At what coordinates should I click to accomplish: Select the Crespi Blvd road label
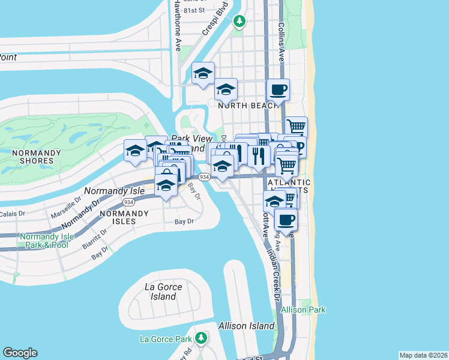click(x=217, y=19)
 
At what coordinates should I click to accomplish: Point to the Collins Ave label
click(x=280, y=42)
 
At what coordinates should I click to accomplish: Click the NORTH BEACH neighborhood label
click(x=246, y=106)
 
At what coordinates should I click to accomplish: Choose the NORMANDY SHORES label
click(x=37, y=157)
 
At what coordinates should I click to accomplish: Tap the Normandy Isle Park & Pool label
click(x=47, y=241)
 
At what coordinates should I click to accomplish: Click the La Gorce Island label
click(x=163, y=292)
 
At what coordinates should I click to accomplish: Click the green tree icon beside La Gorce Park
click(x=202, y=338)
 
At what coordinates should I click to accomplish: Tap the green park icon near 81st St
click(x=240, y=22)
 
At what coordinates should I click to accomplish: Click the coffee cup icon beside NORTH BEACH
click(x=278, y=91)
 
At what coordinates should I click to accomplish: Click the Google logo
click(x=20, y=353)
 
